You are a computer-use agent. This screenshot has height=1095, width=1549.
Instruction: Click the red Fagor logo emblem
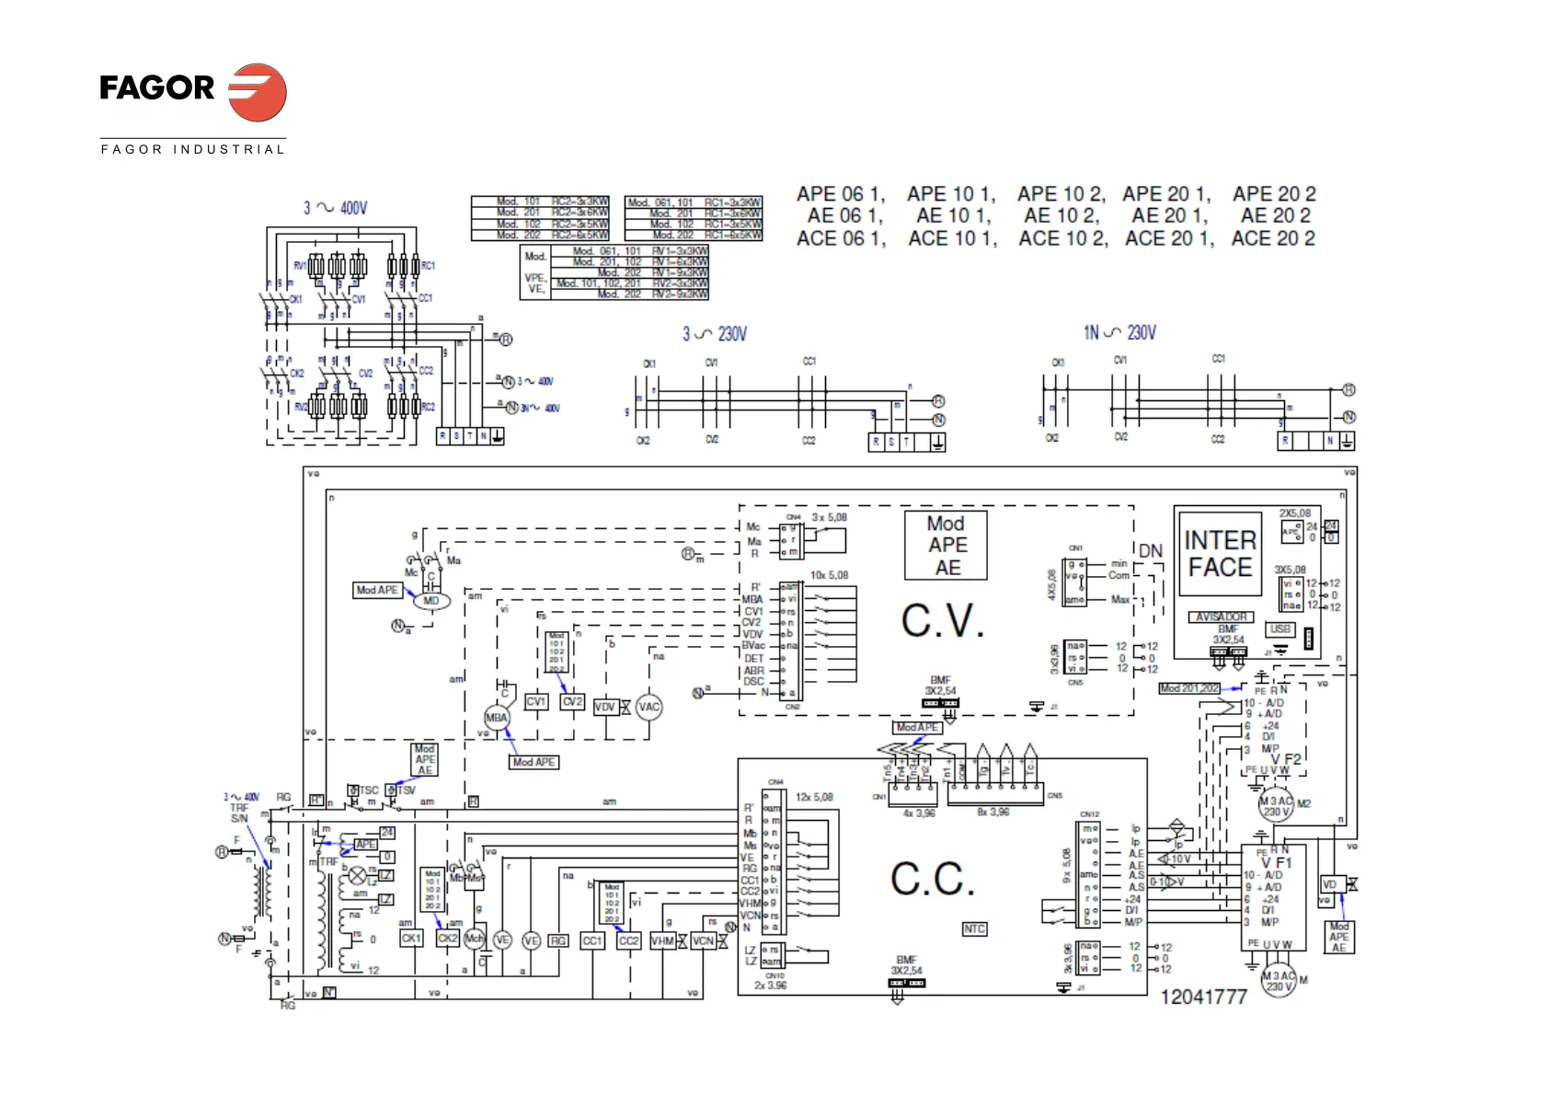[x=258, y=92]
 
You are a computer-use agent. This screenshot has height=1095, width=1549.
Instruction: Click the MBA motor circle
[x=497, y=718]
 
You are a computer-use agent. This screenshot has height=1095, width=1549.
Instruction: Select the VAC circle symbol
[x=649, y=707]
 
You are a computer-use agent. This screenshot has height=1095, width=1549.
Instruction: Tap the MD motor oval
[x=431, y=601]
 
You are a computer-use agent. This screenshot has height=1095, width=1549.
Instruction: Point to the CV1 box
[x=536, y=702]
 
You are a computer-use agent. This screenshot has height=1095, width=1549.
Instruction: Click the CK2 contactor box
[x=448, y=939]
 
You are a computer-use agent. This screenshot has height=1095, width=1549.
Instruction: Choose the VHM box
[x=662, y=941]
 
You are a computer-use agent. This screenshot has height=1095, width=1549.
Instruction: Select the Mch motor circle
[x=474, y=939]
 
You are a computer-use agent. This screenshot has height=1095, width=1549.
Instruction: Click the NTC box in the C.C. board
[x=974, y=929]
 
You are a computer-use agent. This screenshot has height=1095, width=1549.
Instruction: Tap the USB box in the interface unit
[x=1280, y=629]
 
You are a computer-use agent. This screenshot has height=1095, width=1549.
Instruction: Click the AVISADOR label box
[x=1222, y=617]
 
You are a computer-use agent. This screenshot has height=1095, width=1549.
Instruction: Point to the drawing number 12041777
[x=1203, y=997]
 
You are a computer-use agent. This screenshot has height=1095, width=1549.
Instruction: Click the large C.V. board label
[x=943, y=621]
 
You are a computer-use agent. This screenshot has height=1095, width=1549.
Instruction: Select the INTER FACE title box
[x=1221, y=554]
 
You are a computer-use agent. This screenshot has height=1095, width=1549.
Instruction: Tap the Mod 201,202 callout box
[x=1189, y=688]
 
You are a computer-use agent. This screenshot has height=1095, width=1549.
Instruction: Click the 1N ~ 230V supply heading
[x=1119, y=333]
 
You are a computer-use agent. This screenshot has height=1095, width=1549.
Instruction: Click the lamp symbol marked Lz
[x=357, y=876]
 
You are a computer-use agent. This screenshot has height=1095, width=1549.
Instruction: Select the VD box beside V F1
[x=1330, y=884]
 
